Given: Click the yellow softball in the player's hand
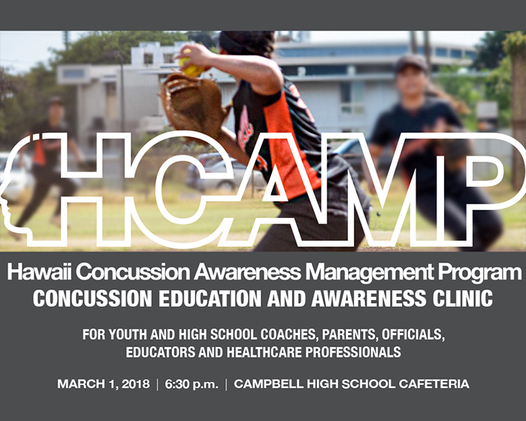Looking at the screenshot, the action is [x=191, y=67].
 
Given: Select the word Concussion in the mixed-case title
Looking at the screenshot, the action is [x=133, y=271].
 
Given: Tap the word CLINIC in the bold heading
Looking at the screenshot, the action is [x=463, y=298].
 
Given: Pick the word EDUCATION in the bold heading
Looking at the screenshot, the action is [x=210, y=298].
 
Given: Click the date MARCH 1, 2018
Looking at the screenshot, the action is [x=104, y=383].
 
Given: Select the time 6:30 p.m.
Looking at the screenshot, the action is [x=192, y=384].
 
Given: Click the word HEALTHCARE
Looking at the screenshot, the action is [x=264, y=352].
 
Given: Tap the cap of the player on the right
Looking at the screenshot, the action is [x=412, y=62].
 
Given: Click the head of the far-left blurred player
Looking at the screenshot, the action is [x=55, y=108].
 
